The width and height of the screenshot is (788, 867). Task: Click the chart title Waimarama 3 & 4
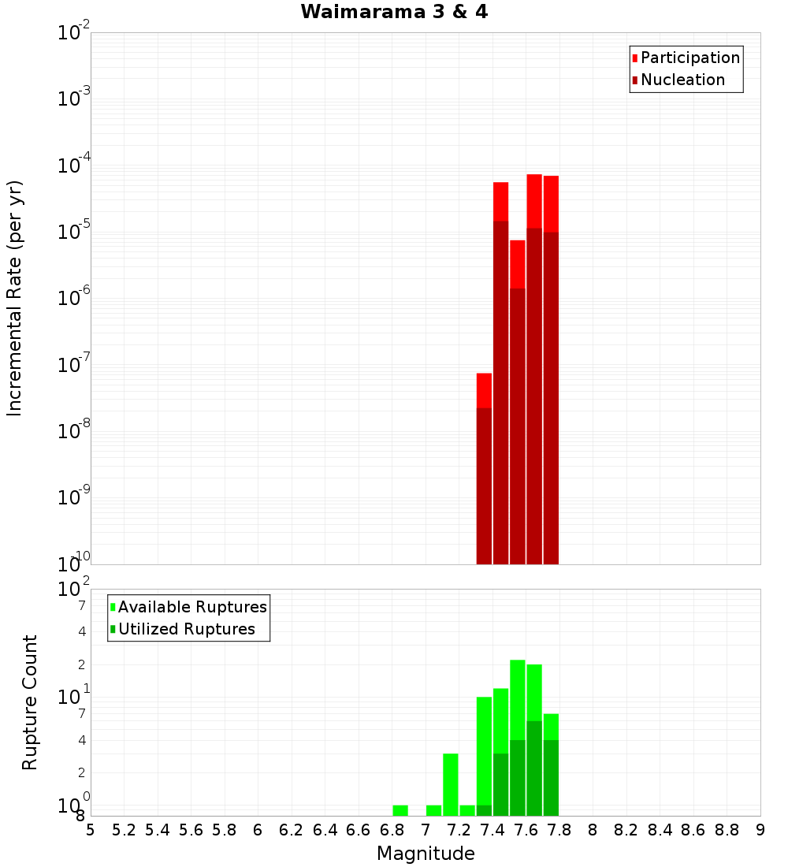tap(394, 12)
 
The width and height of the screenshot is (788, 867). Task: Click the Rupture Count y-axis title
tap(30, 702)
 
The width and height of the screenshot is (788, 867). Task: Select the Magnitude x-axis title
tap(426, 854)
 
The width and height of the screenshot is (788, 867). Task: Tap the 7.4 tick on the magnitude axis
tap(492, 829)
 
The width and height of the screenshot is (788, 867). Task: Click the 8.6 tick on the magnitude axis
tap(693, 829)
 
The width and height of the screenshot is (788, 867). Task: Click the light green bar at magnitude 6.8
tap(400, 810)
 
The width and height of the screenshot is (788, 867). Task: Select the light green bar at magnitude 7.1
tap(451, 784)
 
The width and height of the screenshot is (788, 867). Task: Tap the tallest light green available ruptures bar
tap(518, 698)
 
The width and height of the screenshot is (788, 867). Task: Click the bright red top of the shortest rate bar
tap(484, 389)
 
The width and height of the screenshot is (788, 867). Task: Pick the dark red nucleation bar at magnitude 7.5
tap(518, 426)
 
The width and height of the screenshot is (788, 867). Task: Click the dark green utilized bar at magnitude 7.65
tap(534, 768)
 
